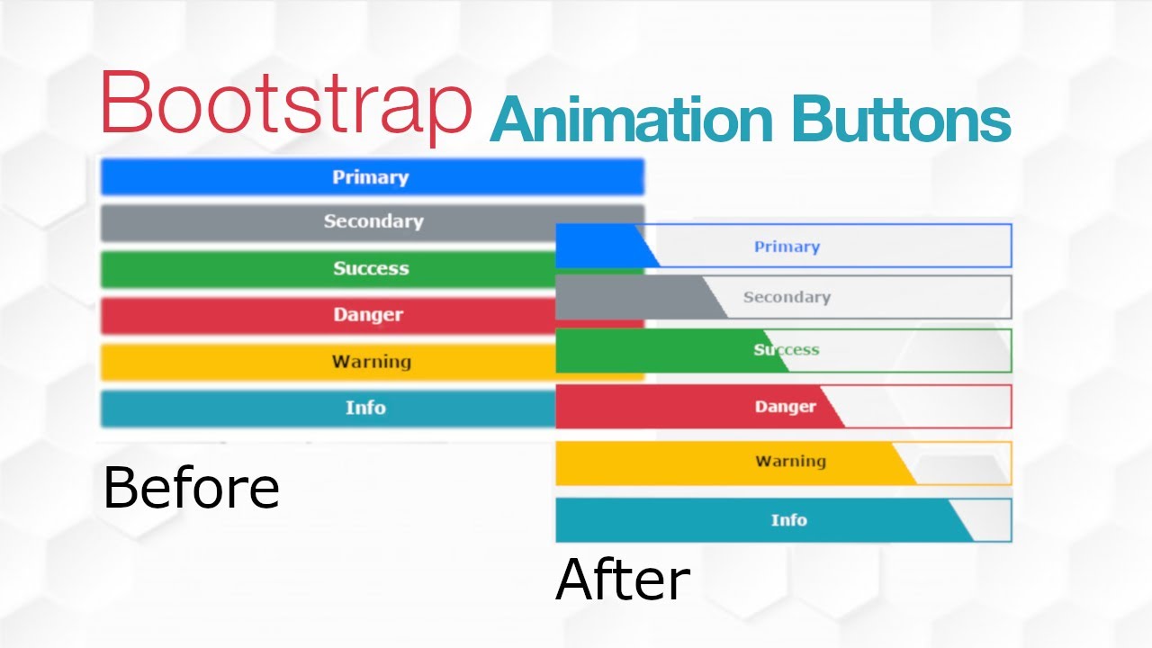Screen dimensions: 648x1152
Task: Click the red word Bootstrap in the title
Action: pyautogui.click(x=286, y=103)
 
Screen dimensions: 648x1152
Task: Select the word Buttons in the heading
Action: pyautogui.click(x=901, y=121)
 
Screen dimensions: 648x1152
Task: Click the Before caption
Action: pyautogui.click(x=191, y=488)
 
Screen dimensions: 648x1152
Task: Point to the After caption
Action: pyautogui.click(x=623, y=580)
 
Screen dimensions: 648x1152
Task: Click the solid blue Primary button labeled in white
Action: pyautogui.click(x=371, y=177)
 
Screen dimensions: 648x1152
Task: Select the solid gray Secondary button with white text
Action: pyautogui.click(x=373, y=221)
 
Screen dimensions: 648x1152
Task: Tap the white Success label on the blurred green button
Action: pyautogui.click(x=371, y=268)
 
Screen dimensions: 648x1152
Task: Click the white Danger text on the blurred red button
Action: pyautogui.click(x=368, y=315)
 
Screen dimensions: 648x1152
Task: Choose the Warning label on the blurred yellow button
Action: pyautogui.click(x=371, y=362)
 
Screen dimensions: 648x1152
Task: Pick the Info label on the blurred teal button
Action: pyautogui.click(x=365, y=408)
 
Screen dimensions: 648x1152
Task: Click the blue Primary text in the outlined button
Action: pyautogui.click(x=787, y=247)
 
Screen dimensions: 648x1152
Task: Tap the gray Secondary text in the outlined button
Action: pyautogui.click(x=787, y=297)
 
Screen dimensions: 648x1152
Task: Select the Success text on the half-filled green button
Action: pyautogui.click(x=787, y=350)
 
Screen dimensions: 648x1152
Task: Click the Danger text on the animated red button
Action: pyautogui.click(x=785, y=407)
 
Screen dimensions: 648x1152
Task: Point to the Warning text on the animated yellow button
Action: pyautogui.click(x=790, y=462)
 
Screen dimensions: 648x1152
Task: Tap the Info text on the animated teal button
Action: pyautogui.click(x=788, y=520)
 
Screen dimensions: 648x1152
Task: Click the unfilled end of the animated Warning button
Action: pyautogui.click(x=963, y=463)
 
